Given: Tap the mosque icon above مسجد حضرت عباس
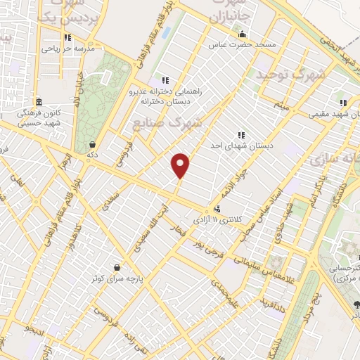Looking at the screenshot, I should (x=242, y=34).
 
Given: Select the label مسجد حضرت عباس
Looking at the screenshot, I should (x=242, y=45).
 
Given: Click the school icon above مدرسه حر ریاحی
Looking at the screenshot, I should (x=68, y=39).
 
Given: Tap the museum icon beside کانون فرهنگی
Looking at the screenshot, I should (x=39, y=101).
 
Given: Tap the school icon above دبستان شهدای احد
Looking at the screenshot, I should (x=241, y=134).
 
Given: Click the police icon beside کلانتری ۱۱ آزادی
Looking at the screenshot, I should (x=217, y=209).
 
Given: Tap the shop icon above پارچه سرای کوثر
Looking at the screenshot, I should (x=115, y=267).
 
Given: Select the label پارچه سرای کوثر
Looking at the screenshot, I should (x=115, y=278).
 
